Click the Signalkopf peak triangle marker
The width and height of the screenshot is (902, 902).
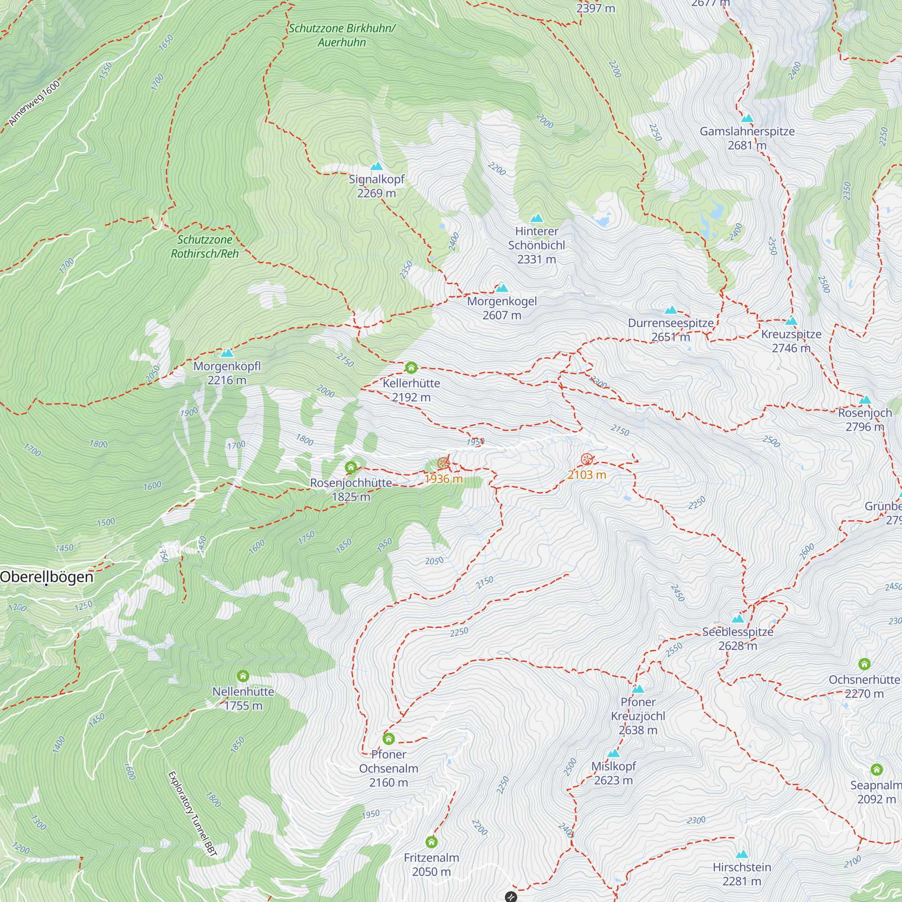376,166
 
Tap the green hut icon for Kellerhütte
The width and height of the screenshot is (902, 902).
411,368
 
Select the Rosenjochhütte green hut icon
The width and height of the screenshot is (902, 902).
350,467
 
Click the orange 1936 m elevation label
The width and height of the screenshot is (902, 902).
443,479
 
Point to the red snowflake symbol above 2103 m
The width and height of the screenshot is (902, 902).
586,460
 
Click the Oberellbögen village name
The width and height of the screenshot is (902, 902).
47,577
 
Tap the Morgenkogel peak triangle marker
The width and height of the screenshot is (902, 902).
502,288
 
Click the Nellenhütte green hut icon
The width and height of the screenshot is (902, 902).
243,676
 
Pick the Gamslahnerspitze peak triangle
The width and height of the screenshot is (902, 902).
747,118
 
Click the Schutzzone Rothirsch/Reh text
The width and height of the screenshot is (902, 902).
204,247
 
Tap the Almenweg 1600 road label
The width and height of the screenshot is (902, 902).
35,103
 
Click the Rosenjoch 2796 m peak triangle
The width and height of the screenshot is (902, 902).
865,400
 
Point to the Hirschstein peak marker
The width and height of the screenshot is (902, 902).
741,855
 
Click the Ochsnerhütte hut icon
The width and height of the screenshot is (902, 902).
864,664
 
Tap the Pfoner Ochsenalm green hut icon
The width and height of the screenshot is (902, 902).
388,739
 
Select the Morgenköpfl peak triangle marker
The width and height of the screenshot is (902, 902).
227,353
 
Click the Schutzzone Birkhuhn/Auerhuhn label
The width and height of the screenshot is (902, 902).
342,35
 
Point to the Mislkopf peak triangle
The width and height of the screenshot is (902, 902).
613,754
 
